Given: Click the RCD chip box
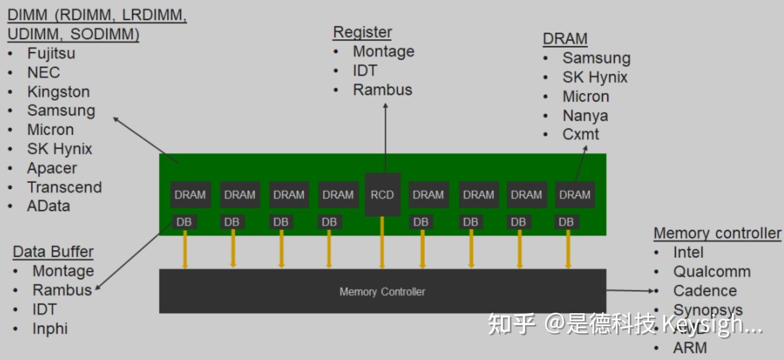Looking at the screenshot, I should [x=382, y=195].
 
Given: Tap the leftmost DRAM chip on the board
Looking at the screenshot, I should [x=190, y=195].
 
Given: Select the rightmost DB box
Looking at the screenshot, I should [x=566, y=222].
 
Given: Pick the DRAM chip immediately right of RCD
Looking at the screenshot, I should [x=428, y=195].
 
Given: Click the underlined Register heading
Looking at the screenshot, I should [x=362, y=32].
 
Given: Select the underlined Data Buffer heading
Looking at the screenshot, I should [x=53, y=251].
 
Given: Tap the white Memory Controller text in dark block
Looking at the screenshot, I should [x=382, y=292].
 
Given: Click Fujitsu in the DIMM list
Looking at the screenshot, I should [x=51, y=53].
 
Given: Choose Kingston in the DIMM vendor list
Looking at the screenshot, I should [x=58, y=92].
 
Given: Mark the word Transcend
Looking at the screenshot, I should [x=64, y=187].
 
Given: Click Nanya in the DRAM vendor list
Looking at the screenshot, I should [x=585, y=116].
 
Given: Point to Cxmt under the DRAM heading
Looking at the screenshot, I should [x=580, y=134].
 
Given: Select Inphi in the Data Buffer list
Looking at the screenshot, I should [x=50, y=328].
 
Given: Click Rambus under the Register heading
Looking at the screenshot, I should [x=382, y=90].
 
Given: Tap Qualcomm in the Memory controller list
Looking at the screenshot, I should [x=711, y=271].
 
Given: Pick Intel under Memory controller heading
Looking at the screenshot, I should [x=688, y=252].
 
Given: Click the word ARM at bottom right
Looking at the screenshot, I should [x=690, y=348].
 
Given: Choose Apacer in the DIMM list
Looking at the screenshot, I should [x=52, y=168].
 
